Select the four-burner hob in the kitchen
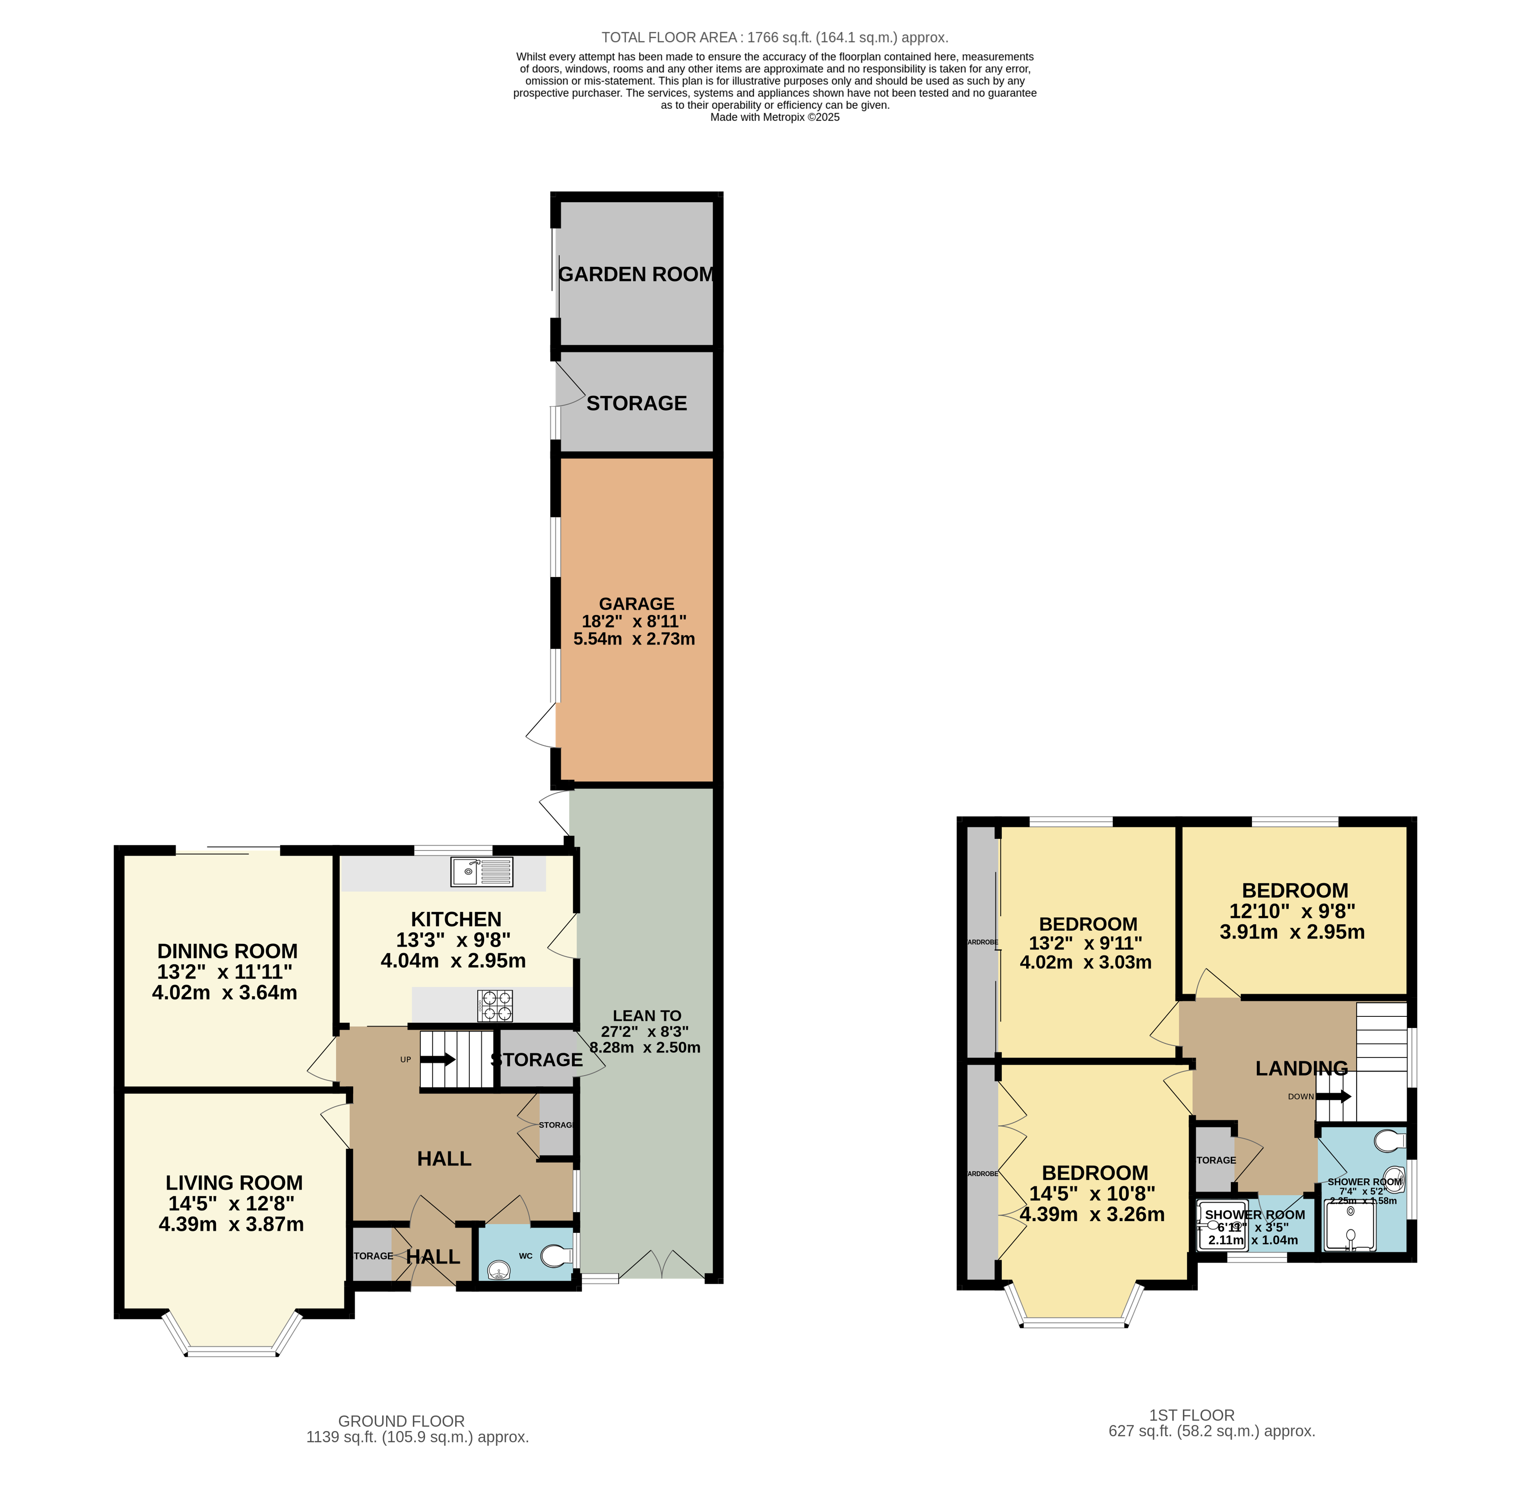495,1006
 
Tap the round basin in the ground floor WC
499,1269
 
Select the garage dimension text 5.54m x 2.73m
634,639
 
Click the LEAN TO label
647,1016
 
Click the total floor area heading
774,37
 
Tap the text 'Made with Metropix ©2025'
774,117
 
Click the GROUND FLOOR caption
401,1421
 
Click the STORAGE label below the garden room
637,403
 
